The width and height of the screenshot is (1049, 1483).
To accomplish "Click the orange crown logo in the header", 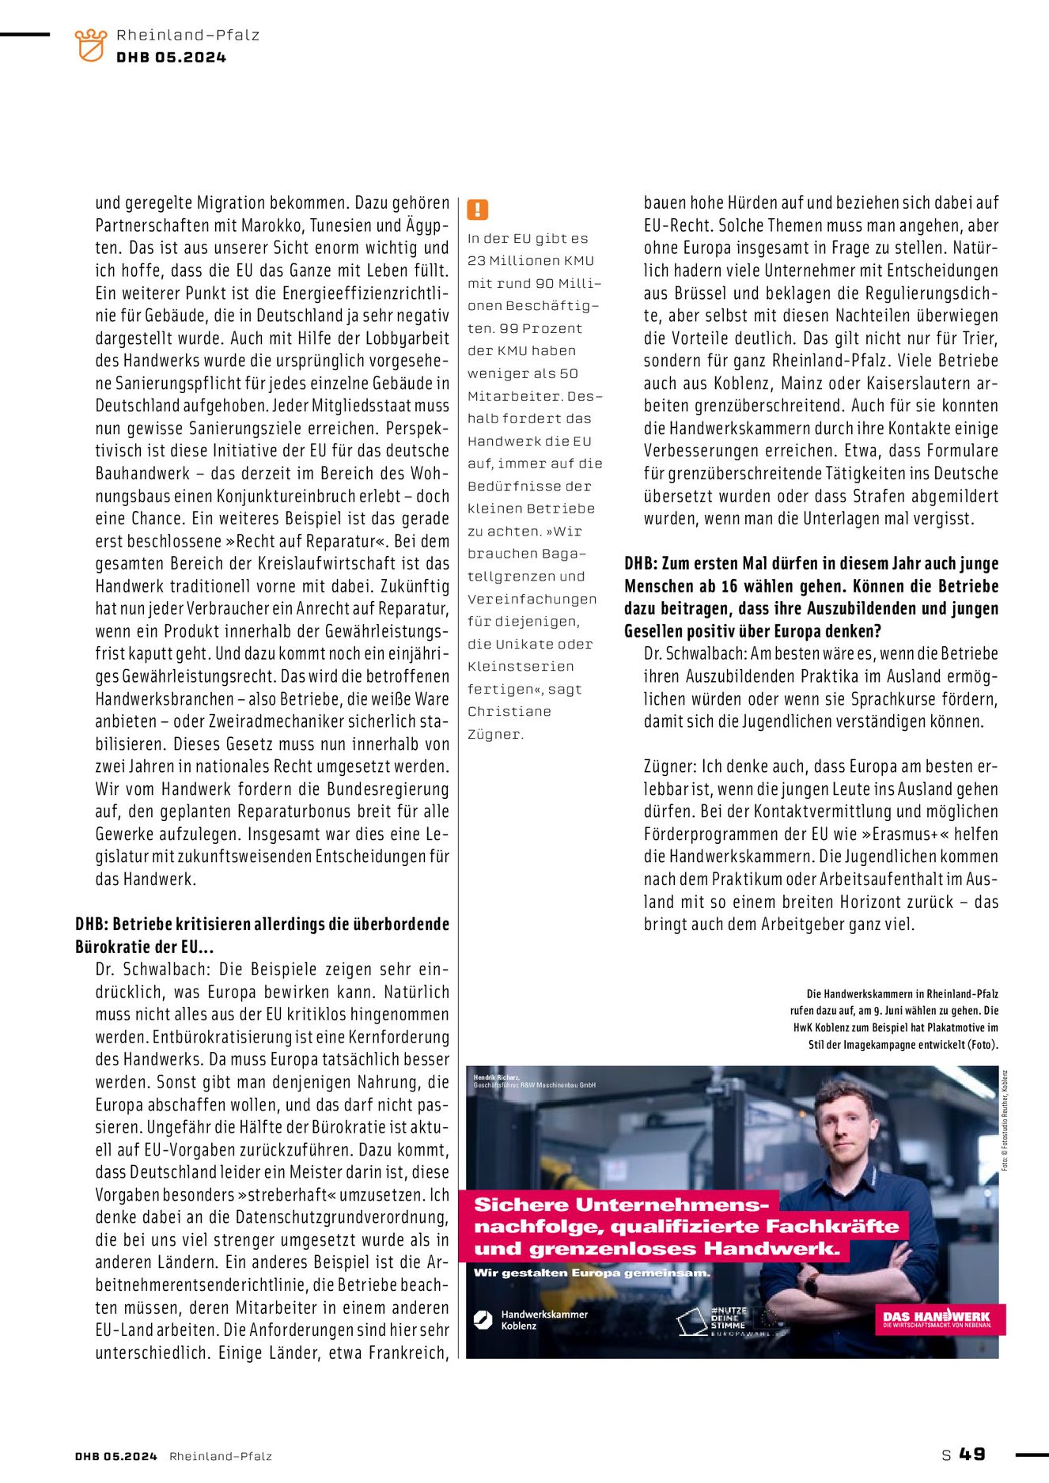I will pyautogui.click(x=91, y=45).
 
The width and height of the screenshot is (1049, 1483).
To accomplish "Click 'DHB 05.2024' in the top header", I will pyautogui.click(x=171, y=58).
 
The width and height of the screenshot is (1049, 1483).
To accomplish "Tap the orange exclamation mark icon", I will pyautogui.click(x=477, y=210).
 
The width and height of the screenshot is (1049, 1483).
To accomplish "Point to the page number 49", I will pyautogui.click(x=972, y=1454).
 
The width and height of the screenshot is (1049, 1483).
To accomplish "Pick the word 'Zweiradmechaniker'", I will pyautogui.click(x=278, y=721).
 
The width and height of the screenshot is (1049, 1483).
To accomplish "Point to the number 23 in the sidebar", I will pyautogui.click(x=476, y=260).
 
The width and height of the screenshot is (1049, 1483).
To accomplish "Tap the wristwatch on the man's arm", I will pyautogui.click(x=811, y=1285).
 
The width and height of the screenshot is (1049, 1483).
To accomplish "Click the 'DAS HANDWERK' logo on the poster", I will pyautogui.click(x=937, y=1318).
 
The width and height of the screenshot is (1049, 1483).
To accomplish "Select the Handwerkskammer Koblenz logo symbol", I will pyautogui.click(x=483, y=1319).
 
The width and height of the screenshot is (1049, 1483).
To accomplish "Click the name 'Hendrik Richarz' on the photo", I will pyautogui.click(x=496, y=1077).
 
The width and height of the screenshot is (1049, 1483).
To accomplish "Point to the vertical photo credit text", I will pyautogui.click(x=1005, y=1120).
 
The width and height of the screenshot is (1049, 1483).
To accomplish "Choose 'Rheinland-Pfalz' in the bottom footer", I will pyautogui.click(x=221, y=1456).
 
